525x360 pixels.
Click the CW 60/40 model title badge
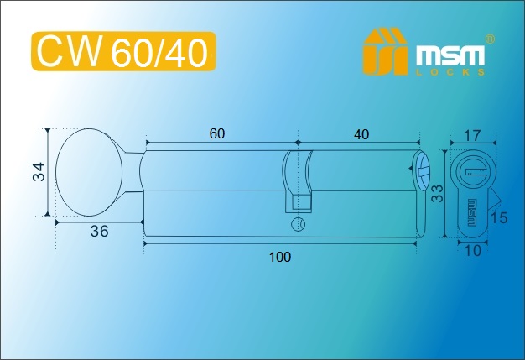(123, 51)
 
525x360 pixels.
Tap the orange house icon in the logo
(385, 51)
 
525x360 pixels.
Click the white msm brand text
(450, 55)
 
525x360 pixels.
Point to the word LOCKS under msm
(450, 72)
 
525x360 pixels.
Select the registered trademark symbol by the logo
(490, 39)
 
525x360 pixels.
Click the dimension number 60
(217, 133)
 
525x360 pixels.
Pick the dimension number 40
(361, 134)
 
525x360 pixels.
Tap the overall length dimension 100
(280, 257)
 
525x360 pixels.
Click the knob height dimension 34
(39, 172)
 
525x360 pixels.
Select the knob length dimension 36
(100, 231)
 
